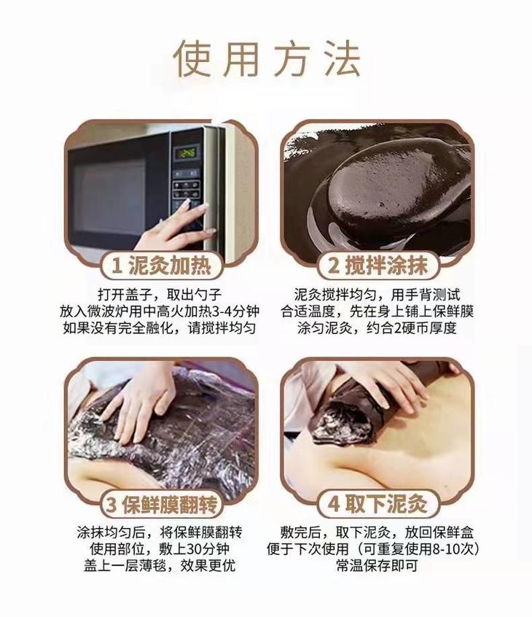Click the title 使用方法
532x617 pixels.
point(267,59)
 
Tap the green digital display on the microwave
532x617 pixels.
point(187,152)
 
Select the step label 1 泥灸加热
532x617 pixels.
point(162,265)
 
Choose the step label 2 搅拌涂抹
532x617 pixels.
point(378,265)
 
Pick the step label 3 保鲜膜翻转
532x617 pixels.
point(162,504)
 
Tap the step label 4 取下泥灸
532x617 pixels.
point(378,504)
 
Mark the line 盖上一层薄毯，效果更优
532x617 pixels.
point(160,565)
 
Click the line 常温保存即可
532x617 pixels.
point(377,565)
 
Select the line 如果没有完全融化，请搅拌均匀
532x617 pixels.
point(160,327)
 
